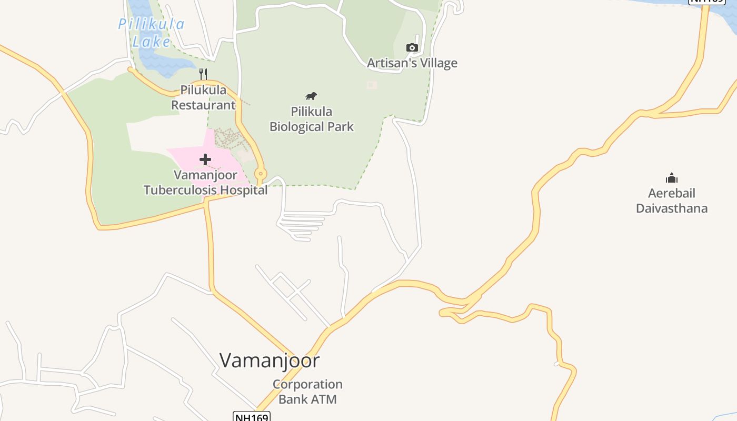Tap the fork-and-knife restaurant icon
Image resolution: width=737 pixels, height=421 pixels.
click(203, 74)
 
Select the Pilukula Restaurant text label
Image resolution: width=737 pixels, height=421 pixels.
click(203, 97)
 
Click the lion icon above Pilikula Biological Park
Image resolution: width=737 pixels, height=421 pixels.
click(311, 96)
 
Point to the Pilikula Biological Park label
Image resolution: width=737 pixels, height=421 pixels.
click(312, 119)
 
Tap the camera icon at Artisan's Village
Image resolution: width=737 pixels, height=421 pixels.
click(412, 48)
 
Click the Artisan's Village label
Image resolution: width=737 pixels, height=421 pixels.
click(412, 63)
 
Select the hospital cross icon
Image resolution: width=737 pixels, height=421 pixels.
click(205, 159)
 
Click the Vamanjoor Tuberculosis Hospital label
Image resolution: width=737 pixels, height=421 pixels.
click(206, 182)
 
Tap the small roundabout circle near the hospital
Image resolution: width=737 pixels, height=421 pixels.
click(260, 173)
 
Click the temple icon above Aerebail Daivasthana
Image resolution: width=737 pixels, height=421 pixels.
click(671, 178)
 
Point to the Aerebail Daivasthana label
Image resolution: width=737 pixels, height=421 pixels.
click(671, 201)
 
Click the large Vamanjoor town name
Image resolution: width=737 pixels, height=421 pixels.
click(270, 360)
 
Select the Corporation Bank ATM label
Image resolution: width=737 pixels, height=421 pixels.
click(307, 392)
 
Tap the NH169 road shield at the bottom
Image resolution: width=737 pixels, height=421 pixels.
click(251, 417)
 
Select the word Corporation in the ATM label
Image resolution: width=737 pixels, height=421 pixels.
click(307, 384)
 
